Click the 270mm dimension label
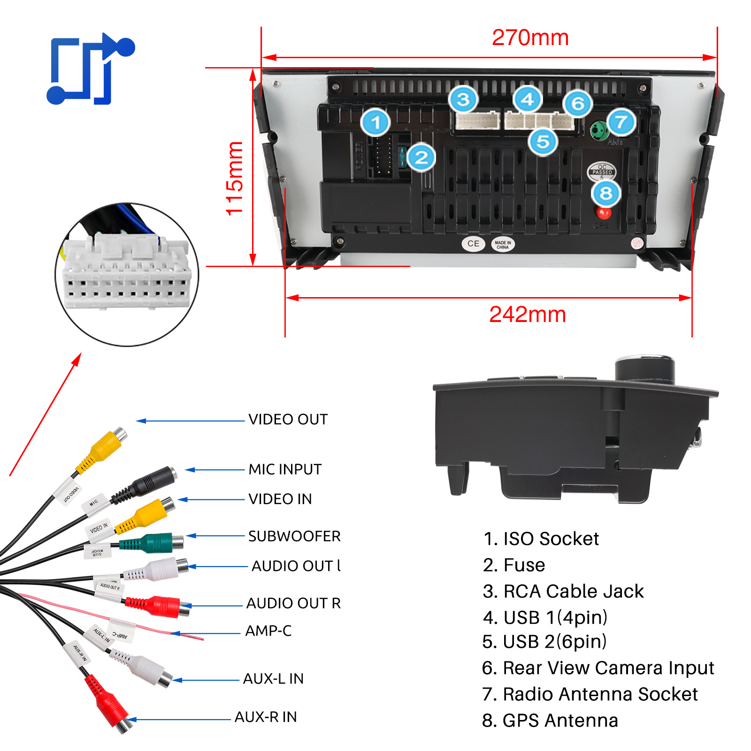(x=530, y=38)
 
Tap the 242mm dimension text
(x=527, y=314)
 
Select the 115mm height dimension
(x=235, y=178)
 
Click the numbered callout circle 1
(x=375, y=123)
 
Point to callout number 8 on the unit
(x=606, y=193)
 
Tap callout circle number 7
(x=621, y=122)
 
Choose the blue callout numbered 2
(x=421, y=157)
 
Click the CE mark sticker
(x=473, y=244)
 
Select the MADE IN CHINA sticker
(x=503, y=245)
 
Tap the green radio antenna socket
(x=598, y=130)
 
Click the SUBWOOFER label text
(x=294, y=536)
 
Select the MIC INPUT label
(x=285, y=469)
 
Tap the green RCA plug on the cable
(x=155, y=544)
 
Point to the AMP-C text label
(x=268, y=631)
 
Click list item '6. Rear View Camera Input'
(x=598, y=668)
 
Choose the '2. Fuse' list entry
(x=514, y=565)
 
